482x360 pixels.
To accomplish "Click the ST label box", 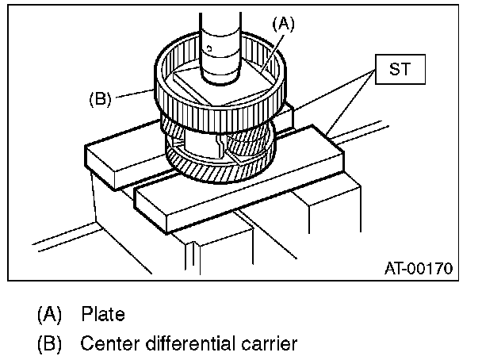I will [x=400, y=70].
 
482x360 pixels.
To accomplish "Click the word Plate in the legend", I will [x=103, y=315].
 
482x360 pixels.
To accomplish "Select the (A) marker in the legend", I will [x=49, y=315].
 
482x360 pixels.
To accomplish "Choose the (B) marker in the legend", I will [x=49, y=344].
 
